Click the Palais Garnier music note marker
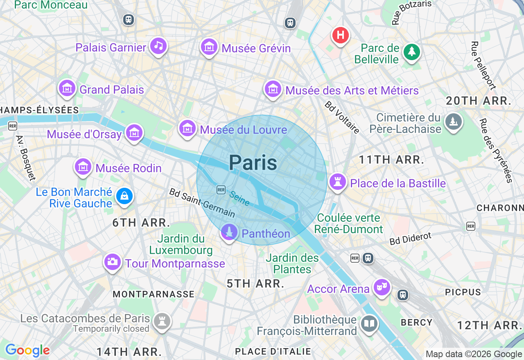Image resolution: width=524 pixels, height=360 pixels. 158,46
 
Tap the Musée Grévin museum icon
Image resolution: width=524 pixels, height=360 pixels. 209,47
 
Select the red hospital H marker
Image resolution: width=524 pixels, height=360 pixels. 340,35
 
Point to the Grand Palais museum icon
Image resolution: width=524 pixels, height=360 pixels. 67,88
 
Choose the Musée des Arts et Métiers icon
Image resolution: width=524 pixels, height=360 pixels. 273,89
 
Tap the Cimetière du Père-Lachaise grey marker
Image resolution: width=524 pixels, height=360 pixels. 453,122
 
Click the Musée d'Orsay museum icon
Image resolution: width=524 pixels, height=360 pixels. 134,133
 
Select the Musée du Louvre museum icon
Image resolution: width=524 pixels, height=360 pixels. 187,128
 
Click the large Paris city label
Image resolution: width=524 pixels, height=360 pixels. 253,163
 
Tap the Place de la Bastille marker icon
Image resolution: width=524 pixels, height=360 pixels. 338,182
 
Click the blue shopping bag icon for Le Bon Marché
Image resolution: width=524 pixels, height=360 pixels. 124,196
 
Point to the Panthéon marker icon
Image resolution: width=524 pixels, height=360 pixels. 229,232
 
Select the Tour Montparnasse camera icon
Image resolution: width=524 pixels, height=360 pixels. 113,261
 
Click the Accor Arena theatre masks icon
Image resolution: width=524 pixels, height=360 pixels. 382,287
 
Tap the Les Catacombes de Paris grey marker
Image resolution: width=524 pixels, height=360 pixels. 162,322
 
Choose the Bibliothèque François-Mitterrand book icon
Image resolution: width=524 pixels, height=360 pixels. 369,324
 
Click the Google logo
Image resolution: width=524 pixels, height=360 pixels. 27,351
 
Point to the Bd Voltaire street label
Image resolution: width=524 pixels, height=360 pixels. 342,117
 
